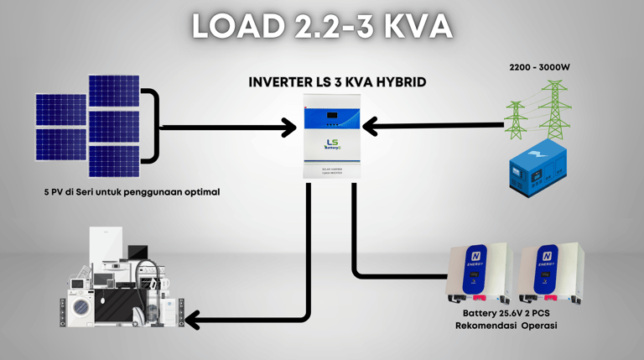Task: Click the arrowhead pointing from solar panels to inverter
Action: [288, 128]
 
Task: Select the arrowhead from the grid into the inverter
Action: [374, 127]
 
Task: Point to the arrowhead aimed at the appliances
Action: [192, 319]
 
